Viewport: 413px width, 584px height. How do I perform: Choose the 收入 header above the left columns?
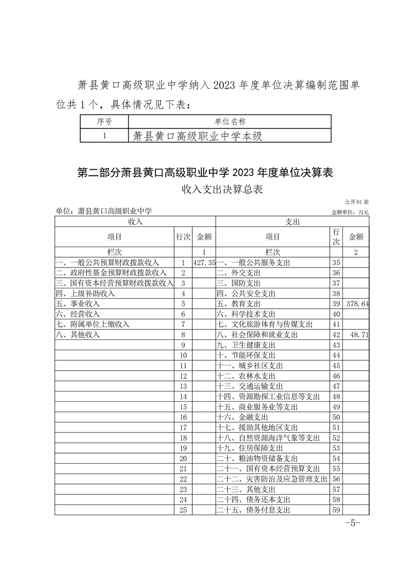coord(135,222)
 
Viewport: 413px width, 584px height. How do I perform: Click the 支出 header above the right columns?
coord(292,222)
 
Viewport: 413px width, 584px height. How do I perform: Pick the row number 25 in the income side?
coord(183,510)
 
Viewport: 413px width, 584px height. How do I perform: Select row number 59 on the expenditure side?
coord(336,510)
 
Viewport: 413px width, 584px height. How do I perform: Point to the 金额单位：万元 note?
coord(350,212)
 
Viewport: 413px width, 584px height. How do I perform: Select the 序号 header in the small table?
coord(104,122)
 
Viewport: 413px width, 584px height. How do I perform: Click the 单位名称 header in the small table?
coord(230,122)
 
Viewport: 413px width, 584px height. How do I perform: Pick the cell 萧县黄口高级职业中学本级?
coord(196,136)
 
